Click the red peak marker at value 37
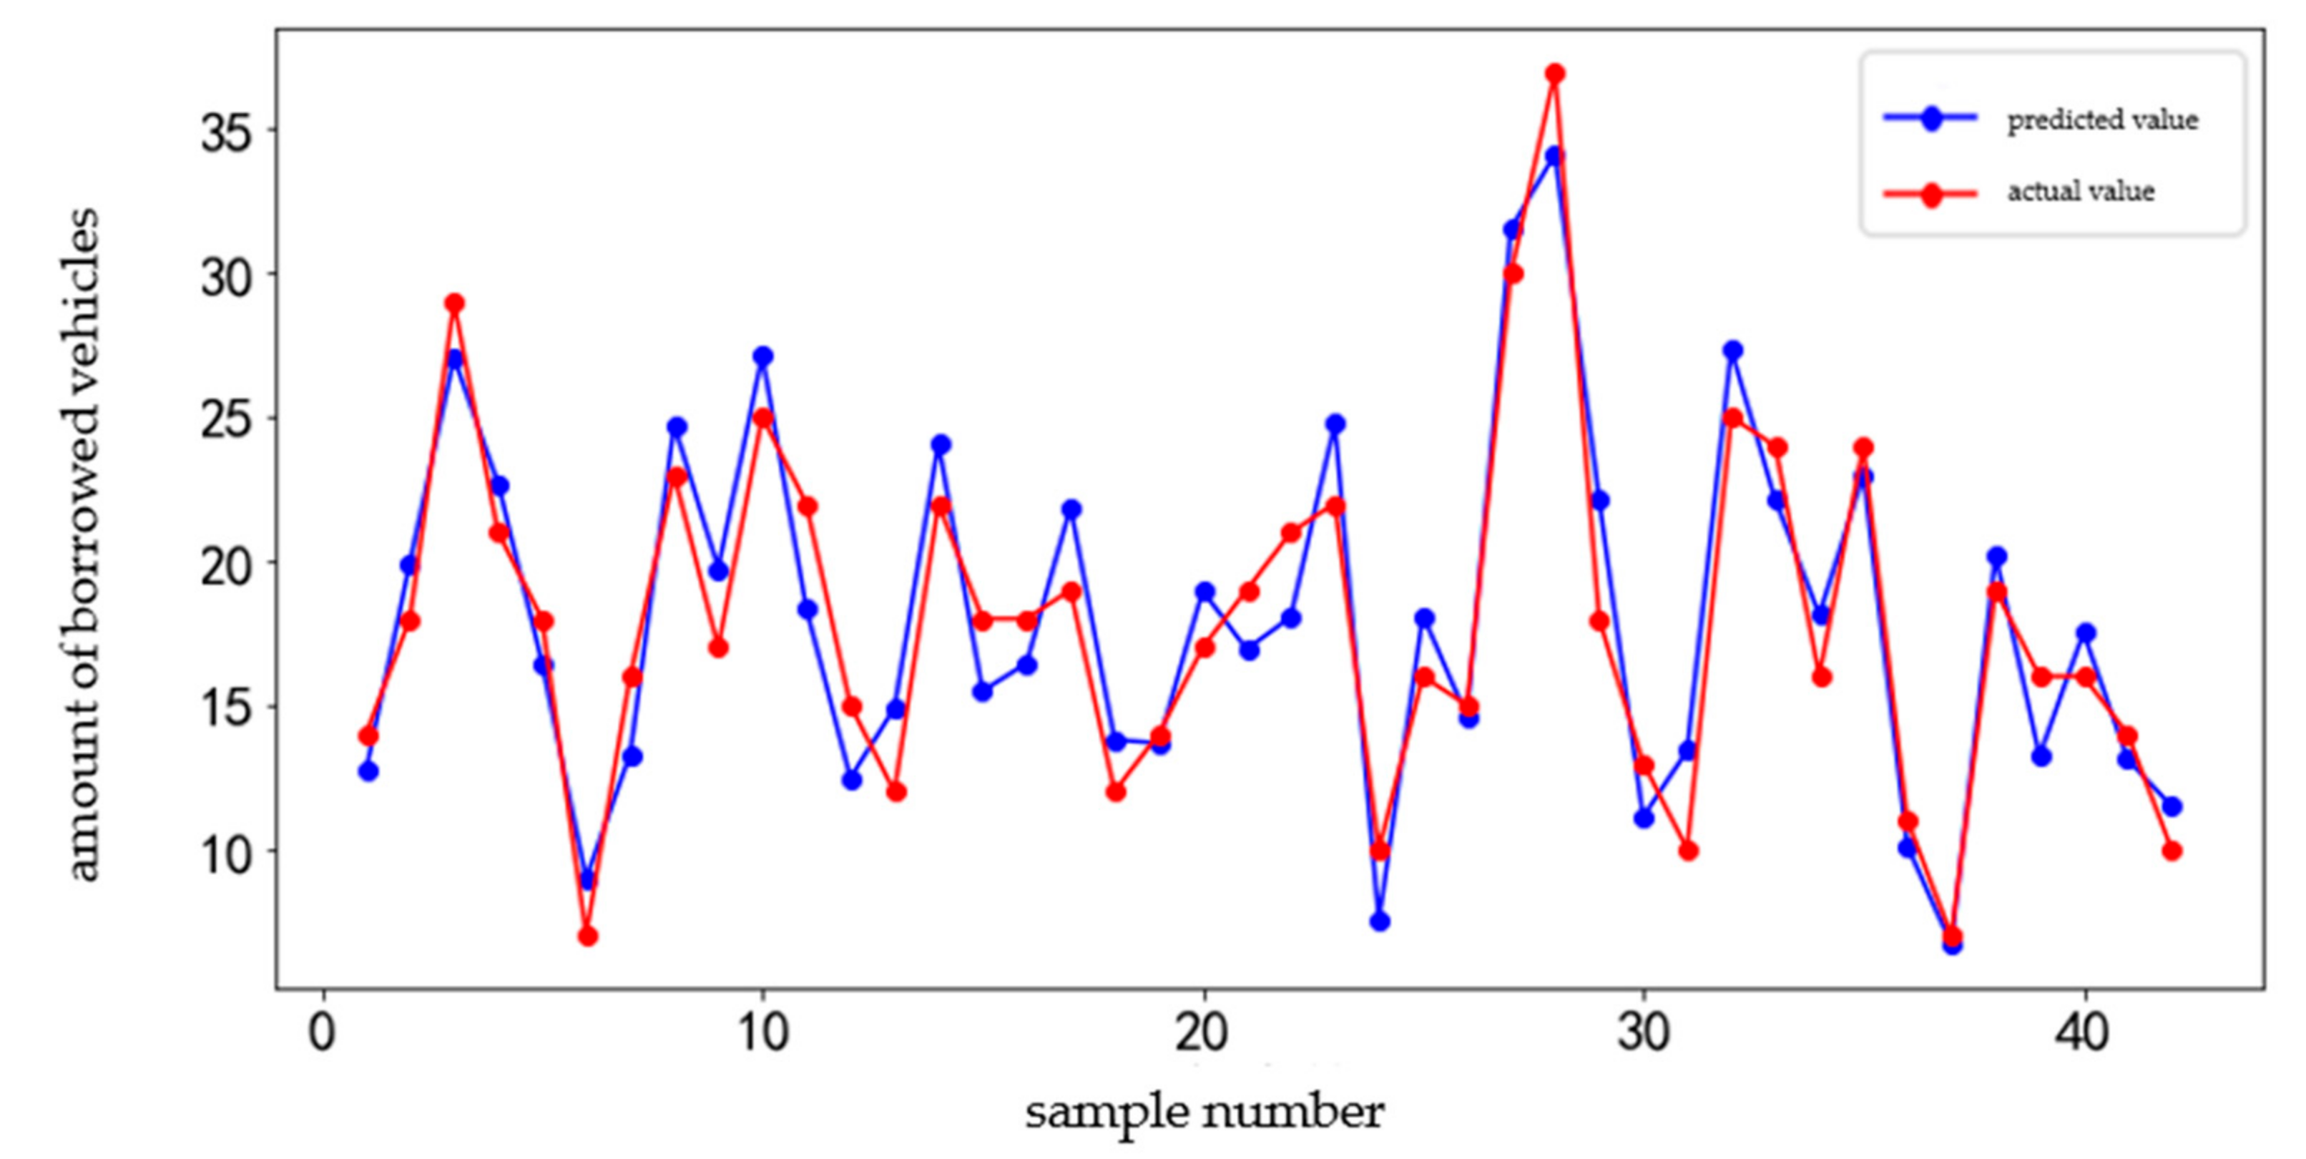coord(1555,74)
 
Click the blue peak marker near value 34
coord(1555,156)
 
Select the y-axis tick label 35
coord(227,132)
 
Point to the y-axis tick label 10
coord(227,852)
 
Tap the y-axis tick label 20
coord(227,564)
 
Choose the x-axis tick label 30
coord(1644,1032)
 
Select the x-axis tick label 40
coord(2083,1032)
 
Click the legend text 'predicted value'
coord(2103,120)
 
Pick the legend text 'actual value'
coord(2081,192)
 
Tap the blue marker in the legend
coord(1931,118)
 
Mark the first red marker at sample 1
coord(368,736)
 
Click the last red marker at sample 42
coord(2172,851)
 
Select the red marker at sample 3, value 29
coord(455,303)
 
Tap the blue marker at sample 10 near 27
coord(762,356)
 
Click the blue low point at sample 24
coord(1380,921)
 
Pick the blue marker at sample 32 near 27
coord(1732,351)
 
